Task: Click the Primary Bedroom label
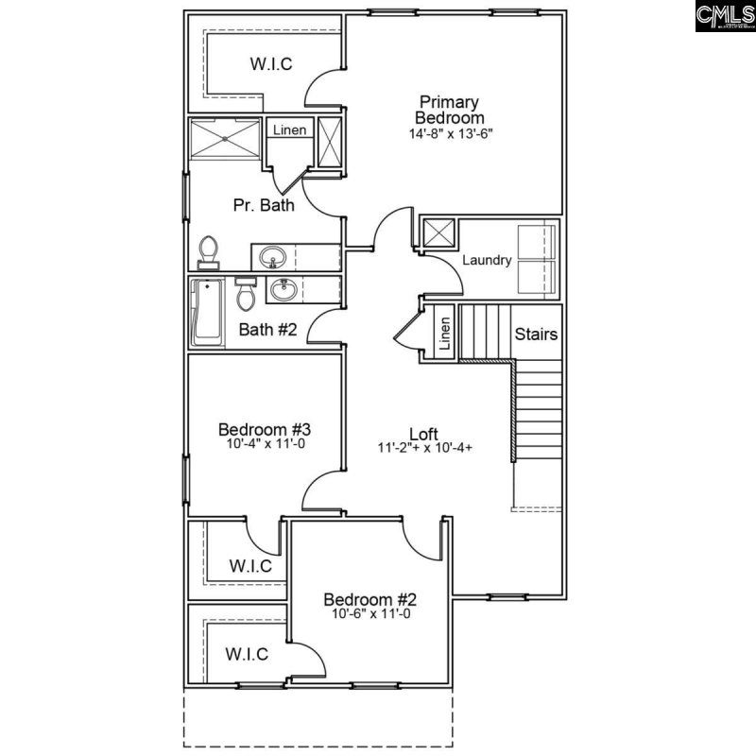(x=449, y=110)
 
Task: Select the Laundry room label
(x=487, y=260)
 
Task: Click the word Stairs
(x=536, y=335)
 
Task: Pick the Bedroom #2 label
(x=370, y=599)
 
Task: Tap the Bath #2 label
(x=267, y=330)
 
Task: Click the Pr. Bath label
(x=264, y=204)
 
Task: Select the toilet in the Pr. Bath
(x=208, y=250)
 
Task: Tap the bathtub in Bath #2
(x=205, y=311)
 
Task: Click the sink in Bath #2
(x=282, y=290)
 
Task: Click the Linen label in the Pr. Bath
(x=289, y=129)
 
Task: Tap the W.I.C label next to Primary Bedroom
(x=270, y=64)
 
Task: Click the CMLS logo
(x=724, y=16)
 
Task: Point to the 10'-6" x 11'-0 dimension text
(x=370, y=614)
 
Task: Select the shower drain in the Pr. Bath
(x=227, y=138)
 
